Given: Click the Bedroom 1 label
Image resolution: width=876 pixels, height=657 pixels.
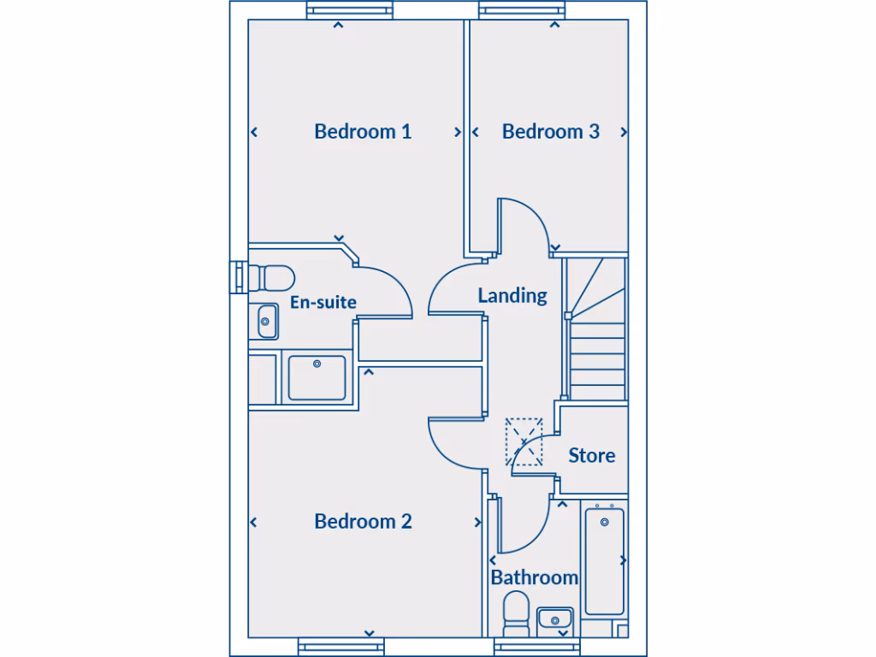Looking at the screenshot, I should pyautogui.click(x=363, y=132).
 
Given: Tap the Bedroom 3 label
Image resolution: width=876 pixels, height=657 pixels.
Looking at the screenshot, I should pyautogui.click(x=550, y=132).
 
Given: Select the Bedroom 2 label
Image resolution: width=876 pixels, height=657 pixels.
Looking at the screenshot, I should pyautogui.click(x=363, y=521).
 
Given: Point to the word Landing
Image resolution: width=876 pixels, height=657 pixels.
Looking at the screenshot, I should pyautogui.click(x=512, y=295).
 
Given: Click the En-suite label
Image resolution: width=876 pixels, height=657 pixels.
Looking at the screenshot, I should pyautogui.click(x=323, y=302).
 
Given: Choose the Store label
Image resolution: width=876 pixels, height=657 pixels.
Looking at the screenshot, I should pyautogui.click(x=591, y=455).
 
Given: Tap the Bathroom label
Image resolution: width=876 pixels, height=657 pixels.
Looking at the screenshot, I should pyautogui.click(x=534, y=577).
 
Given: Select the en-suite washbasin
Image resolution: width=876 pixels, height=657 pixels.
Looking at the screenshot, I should pyautogui.click(x=267, y=322).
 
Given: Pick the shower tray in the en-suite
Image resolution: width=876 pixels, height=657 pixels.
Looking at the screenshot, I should pyautogui.click(x=317, y=378).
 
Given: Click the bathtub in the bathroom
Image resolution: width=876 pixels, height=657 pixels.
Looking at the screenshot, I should pyautogui.click(x=604, y=560).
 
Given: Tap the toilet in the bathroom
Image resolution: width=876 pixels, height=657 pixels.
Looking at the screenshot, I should pyautogui.click(x=516, y=613).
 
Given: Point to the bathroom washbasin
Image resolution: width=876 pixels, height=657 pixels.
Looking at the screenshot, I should pyautogui.click(x=554, y=618).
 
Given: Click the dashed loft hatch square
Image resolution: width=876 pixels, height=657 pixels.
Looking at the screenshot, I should pyautogui.click(x=524, y=441).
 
